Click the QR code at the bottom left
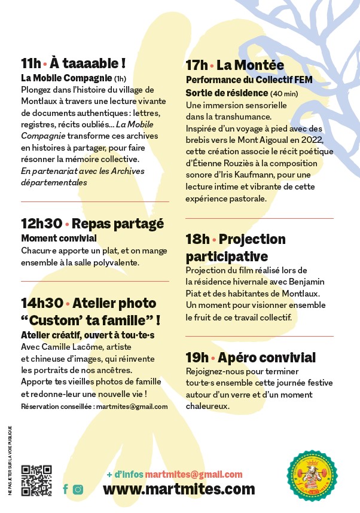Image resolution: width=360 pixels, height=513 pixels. (36, 480)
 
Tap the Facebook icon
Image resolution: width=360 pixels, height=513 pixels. (65, 489)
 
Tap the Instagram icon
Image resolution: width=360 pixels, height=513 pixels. (78, 489)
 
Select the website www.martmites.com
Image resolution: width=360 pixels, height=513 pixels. (179, 489)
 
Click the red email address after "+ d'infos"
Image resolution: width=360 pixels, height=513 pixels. (194, 474)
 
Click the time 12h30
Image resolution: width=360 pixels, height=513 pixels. (41, 224)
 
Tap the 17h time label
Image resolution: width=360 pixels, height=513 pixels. (197, 65)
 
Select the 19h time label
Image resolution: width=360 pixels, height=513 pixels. (197, 358)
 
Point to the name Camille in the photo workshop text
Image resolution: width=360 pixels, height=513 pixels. (56, 347)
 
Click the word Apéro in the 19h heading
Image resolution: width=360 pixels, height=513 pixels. (237, 358)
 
